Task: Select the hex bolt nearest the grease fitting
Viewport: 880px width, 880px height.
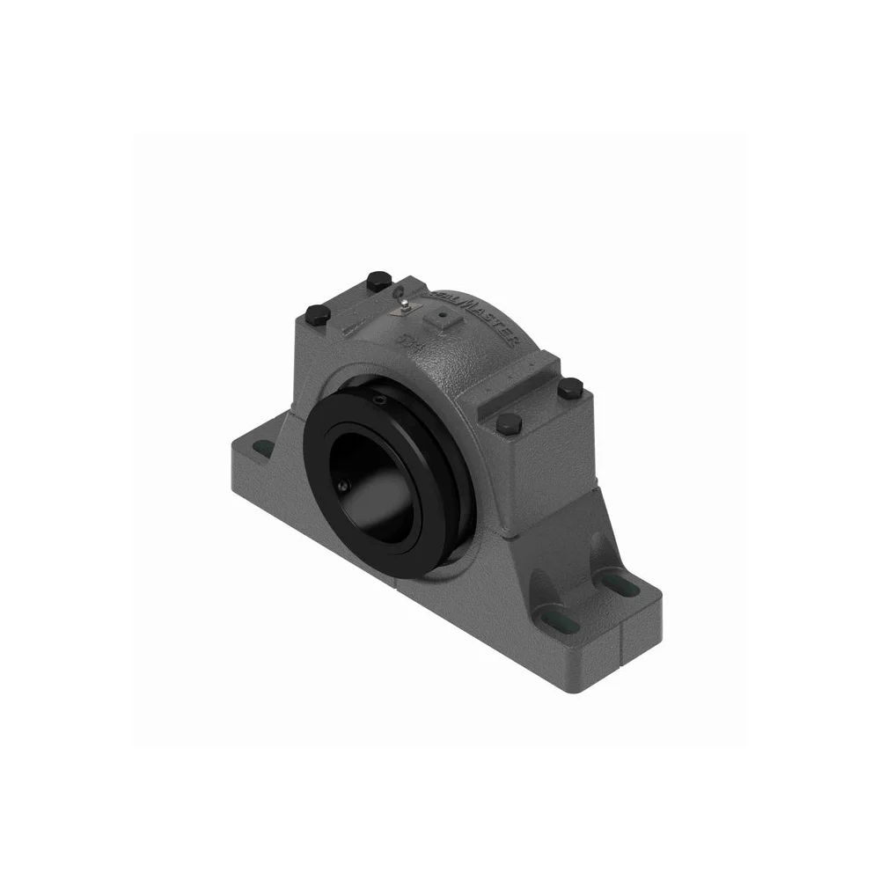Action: [377, 281]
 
